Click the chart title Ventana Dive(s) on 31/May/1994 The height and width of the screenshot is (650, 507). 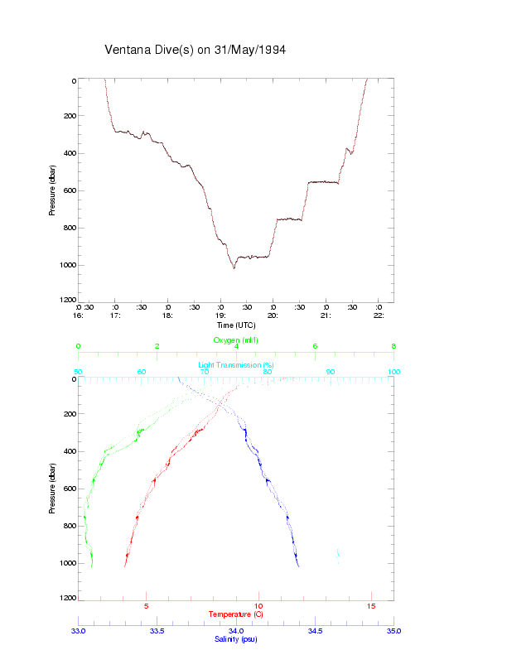(x=195, y=50)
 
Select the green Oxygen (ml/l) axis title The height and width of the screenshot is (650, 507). (x=236, y=340)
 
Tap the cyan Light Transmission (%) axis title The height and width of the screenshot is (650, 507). (x=236, y=365)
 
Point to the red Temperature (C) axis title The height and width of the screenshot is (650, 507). (x=236, y=614)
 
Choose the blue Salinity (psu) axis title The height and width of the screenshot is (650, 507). (x=236, y=639)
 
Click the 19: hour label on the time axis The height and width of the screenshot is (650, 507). (x=220, y=315)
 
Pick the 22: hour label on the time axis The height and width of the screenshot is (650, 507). (x=379, y=315)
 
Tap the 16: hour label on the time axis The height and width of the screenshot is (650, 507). (x=79, y=315)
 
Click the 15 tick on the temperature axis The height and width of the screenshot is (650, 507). (x=371, y=606)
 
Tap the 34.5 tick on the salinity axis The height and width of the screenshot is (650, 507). (x=315, y=631)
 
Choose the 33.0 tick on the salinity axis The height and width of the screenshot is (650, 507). (x=79, y=631)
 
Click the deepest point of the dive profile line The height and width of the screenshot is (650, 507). (x=234, y=268)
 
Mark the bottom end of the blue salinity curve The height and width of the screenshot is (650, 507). (x=298, y=566)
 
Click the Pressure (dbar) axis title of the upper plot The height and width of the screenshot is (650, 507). (x=52, y=190)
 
